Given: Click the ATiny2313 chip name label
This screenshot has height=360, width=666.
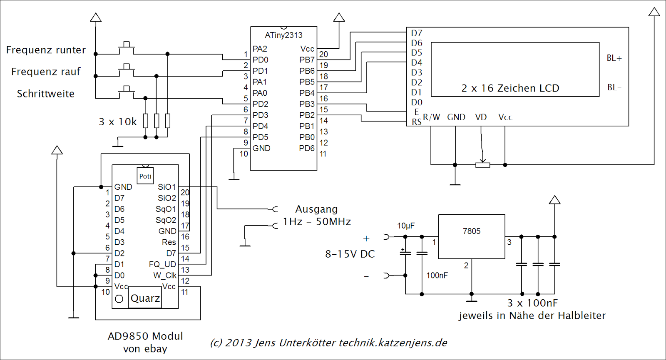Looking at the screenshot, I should [283, 35].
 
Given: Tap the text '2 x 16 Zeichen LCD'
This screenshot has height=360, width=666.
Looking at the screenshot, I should [510, 88].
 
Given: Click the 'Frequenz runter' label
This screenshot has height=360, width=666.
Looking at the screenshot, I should [46, 50].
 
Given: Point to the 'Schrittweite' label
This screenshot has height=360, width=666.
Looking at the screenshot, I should [46, 94].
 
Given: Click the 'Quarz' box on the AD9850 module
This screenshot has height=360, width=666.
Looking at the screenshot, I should [145, 298].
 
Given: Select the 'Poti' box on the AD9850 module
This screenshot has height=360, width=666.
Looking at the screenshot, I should [145, 176].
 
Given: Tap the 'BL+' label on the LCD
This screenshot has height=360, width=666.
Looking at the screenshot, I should [614, 58].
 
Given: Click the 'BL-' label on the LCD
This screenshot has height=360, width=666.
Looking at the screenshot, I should [614, 87].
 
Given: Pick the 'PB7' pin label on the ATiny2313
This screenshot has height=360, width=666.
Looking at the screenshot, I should [307, 60].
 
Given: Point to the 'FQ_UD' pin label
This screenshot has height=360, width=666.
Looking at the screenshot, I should [162, 264].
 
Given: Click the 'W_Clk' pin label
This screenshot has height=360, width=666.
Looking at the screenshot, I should [165, 276].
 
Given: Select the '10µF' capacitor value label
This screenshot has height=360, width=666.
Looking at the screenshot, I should [406, 226].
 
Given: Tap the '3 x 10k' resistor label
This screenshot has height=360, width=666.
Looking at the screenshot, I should [118, 122].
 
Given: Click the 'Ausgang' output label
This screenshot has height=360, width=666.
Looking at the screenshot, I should [316, 209].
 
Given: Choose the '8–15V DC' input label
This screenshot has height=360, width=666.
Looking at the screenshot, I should [350, 254].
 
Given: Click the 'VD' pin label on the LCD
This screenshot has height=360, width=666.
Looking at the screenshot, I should [481, 117].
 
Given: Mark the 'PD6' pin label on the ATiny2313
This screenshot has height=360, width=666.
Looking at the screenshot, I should [307, 148].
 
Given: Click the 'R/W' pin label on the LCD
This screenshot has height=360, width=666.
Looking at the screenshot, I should [431, 117].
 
